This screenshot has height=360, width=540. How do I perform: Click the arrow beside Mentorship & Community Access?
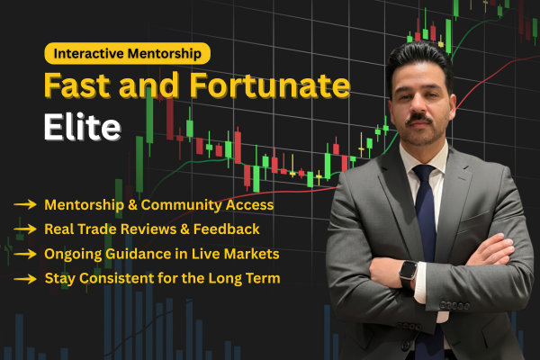(24, 205)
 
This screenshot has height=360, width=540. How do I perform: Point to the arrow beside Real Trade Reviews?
(24, 229)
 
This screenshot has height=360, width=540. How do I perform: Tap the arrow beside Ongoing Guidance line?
(24, 254)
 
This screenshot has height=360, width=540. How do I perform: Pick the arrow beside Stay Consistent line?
(24, 278)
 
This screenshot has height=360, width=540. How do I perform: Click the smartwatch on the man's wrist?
(407, 271)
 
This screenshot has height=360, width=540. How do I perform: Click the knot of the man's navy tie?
(424, 170)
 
